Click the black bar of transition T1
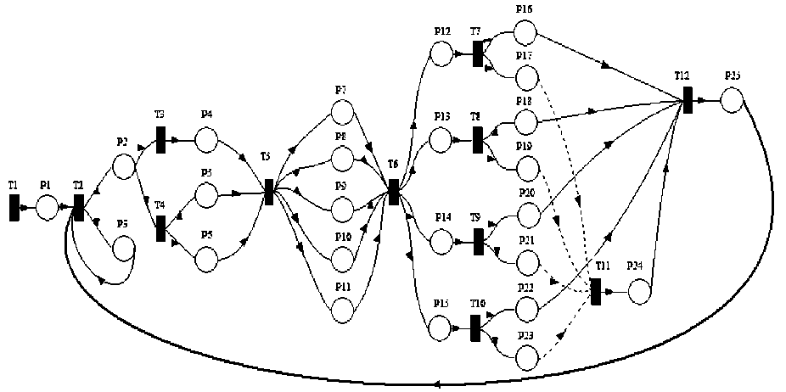pos(14,207)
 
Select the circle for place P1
pos(47,206)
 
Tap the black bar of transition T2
pos(78,206)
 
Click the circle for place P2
pos(124,165)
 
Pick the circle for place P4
pos(206,141)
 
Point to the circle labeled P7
pos(342,112)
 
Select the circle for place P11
pos(342,311)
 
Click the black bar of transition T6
pos(393,192)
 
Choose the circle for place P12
pos(441,54)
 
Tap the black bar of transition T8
pos(478,140)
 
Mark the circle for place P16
pos(525,33)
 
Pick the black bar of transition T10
pos(475,327)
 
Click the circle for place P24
pos(638,291)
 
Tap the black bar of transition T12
pos(686,99)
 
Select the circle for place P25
pos(732,101)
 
